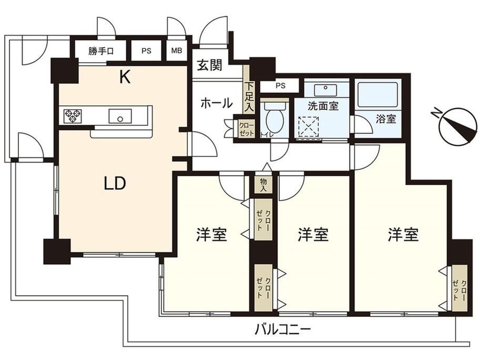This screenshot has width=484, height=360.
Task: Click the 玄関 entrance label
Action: click(x=209, y=65)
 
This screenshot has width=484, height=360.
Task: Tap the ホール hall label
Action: click(x=216, y=103)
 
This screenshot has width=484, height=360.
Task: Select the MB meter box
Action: click(x=177, y=51)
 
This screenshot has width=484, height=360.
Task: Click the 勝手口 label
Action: click(x=101, y=51)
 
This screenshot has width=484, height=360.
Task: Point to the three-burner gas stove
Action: click(x=73, y=116)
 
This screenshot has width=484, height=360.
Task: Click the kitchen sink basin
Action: click(x=120, y=116)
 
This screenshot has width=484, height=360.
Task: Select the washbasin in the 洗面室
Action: click(x=326, y=90)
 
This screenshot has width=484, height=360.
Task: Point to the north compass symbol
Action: click(x=458, y=127)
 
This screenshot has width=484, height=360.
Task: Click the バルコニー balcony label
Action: click(x=283, y=330)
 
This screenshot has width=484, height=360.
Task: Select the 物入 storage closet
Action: click(x=263, y=185)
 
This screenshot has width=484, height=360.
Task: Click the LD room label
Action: click(x=115, y=184)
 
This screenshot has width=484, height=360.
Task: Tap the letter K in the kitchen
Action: click(x=125, y=77)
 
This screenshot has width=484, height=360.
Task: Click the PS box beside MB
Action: click(x=146, y=51)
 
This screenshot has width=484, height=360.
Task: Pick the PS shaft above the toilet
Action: click(x=280, y=85)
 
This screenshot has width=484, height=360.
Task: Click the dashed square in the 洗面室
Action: click(x=309, y=127)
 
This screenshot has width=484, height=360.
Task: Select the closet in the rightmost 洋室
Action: click(x=460, y=288)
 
